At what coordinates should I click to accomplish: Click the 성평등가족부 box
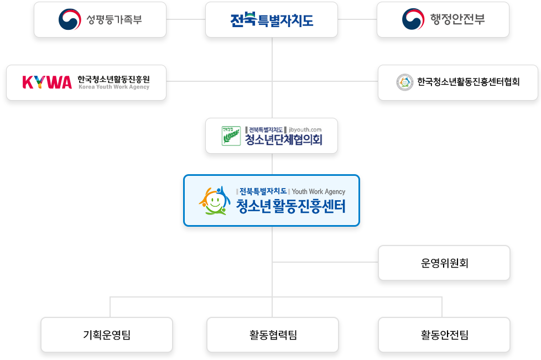coord(100,20)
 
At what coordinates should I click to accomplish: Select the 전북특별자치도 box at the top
coord(272,20)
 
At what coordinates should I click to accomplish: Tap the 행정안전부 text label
coord(457,20)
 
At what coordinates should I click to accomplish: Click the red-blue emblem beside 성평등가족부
coord(70,20)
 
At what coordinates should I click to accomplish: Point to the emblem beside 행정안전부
coord(413,20)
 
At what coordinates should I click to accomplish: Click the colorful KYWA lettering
coord(47,82)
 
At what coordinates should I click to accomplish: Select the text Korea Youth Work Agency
coord(113,87)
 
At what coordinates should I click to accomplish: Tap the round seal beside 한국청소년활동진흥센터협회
coord(404,82)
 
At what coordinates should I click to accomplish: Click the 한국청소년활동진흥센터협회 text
coord(468,82)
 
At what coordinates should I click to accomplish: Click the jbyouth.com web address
coord(305,129)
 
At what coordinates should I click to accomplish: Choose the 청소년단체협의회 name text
coord(283,140)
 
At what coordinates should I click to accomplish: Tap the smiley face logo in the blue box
coord(215,200)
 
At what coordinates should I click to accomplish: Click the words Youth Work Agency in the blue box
coord(318,191)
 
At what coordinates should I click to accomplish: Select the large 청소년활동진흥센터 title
coord(290,207)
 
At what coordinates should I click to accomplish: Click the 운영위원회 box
coord(444,263)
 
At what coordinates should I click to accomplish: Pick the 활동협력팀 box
coord(272,334)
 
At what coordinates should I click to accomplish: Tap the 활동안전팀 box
coord(444,334)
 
